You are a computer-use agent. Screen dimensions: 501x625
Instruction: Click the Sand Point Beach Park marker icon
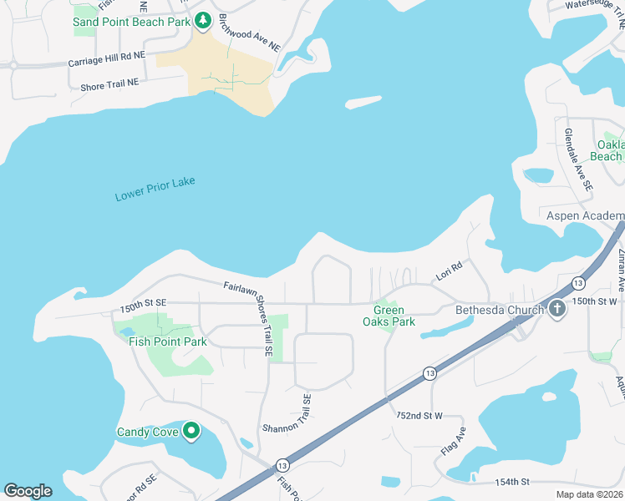pyautogui.click(x=202, y=20)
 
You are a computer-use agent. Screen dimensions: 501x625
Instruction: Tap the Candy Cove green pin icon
pyautogui.click(x=191, y=431)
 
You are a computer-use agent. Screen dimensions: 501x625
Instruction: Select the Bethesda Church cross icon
pyautogui.click(x=557, y=310)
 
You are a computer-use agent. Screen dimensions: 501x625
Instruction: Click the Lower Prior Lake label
pyautogui.click(x=155, y=190)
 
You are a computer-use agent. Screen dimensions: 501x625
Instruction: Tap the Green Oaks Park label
pyautogui.click(x=389, y=316)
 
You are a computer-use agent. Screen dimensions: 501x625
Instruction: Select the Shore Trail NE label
pyautogui.click(x=109, y=84)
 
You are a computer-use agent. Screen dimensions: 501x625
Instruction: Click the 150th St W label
pyautogui.click(x=594, y=300)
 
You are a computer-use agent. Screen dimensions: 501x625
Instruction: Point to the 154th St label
pyautogui.click(x=512, y=482)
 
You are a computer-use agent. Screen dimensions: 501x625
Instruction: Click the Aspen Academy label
pyautogui.click(x=582, y=215)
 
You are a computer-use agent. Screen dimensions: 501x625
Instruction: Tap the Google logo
pyautogui.click(x=28, y=490)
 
